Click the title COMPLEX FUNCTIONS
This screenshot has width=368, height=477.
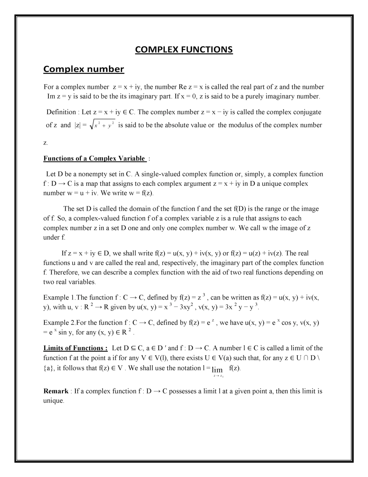[x=184, y=50]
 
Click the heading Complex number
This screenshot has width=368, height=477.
[x=83, y=69]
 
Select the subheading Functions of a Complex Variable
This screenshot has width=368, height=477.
[x=95, y=159]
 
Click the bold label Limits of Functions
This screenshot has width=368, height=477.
[x=75, y=348]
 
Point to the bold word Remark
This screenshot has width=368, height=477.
[x=56, y=391]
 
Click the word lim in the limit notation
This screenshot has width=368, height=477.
[x=218, y=370]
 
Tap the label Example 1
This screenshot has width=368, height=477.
[x=59, y=298]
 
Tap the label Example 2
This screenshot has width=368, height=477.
[x=59, y=323]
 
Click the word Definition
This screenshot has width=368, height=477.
[x=61, y=112]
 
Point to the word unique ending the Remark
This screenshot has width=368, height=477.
[x=53, y=401]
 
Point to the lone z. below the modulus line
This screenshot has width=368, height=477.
[x=45, y=143]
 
